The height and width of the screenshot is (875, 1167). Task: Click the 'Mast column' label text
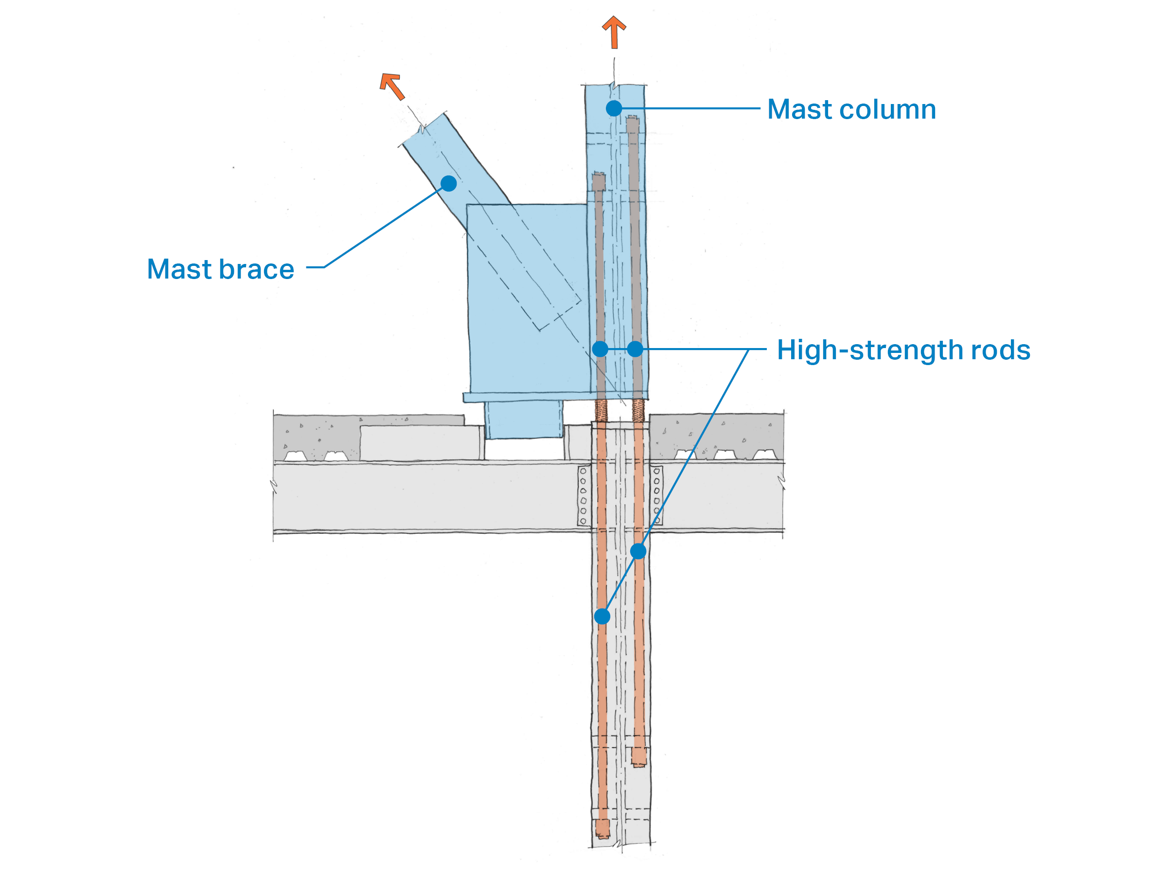[851, 110]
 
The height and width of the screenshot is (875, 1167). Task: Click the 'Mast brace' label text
[221, 269]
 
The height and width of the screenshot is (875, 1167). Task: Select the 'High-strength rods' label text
[903, 350]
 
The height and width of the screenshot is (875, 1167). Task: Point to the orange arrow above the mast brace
[392, 86]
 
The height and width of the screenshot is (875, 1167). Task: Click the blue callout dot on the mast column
[614, 108]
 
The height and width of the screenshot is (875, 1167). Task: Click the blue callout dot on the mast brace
[448, 184]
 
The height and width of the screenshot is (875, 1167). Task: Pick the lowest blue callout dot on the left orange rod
[602, 616]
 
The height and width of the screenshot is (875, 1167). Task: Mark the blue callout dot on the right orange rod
[638, 551]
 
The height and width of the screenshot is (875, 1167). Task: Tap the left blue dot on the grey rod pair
[601, 349]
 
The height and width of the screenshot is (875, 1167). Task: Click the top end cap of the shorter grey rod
[598, 181]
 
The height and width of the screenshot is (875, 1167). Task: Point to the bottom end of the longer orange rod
[602, 828]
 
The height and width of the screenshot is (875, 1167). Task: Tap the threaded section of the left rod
[601, 410]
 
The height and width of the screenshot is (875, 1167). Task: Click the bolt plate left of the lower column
[583, 496]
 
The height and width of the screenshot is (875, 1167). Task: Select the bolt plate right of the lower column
[657, 496]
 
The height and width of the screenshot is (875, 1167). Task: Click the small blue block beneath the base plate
[524, 420]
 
